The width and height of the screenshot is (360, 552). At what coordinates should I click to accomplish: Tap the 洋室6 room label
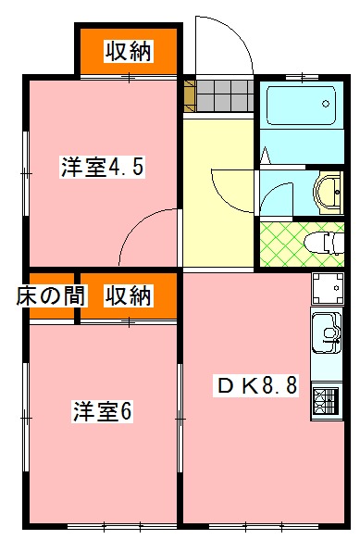pyautogui.click(x=105, y=412)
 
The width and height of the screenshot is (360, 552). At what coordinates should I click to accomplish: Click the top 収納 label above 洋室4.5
pyautogui.click(x=128, y=52)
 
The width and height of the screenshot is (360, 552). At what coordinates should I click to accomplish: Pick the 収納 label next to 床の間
pyautogui.click(x=127, y=296)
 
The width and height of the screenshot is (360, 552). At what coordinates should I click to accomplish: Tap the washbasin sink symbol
pyautogui.click(x=329, y=193)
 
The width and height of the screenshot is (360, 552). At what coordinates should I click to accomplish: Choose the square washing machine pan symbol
pyautogui.click(x=328, y=289)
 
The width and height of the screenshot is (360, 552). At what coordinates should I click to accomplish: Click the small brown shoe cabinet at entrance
pyautogui.click(x=190, y=95)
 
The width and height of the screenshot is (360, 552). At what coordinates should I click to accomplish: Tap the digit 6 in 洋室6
pyautogui.click(x=126, y=412)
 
